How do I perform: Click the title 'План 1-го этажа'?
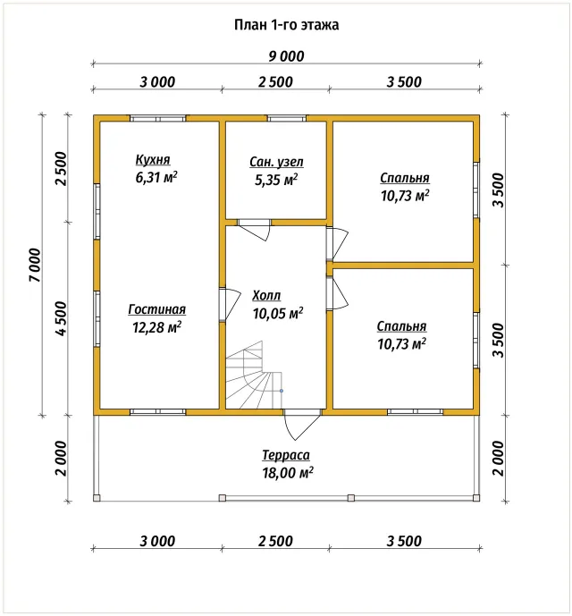point(286,25)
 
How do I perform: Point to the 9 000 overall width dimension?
point(286,56)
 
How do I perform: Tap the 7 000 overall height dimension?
point(35,265)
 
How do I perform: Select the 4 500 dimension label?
point(62,318)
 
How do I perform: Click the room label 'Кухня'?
point(153,160)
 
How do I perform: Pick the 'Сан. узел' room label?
point(276,162)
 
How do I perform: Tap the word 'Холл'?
point(266,295)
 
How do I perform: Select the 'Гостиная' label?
point(156,309)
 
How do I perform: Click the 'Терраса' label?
point(286,455)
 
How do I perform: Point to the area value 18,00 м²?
point(288,473)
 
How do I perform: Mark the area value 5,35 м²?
point(276,180)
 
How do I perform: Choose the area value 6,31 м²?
point(156,177)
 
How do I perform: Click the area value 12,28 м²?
point(156,327)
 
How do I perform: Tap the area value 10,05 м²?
point(278,313)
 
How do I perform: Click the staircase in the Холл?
point(254,376)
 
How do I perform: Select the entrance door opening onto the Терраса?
point(302,424)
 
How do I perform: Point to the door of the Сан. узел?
point(255,230)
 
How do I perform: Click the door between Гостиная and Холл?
point(230,305)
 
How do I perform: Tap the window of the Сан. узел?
point(287,118)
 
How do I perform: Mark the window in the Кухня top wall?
point(157,118)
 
